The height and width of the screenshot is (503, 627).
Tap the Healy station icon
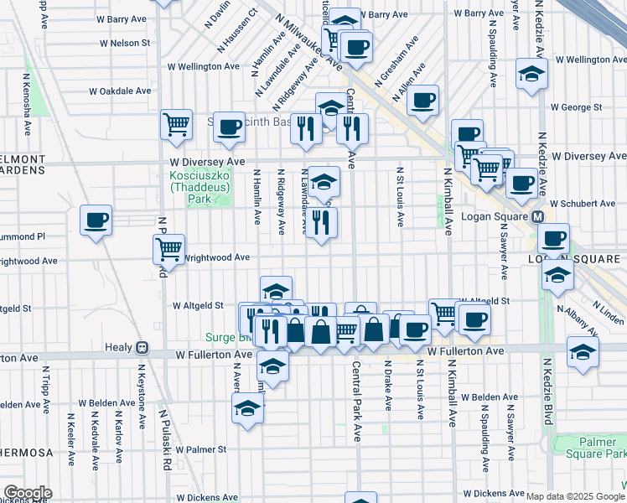coord(142,347)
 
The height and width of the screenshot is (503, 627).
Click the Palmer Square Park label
coord(602,448)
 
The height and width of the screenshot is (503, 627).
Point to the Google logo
coord(27,493)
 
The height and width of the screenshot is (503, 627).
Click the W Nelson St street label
coord(124,43)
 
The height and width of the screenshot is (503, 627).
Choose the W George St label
coord(576,107)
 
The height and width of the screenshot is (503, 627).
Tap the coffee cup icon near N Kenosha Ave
coord(96,220)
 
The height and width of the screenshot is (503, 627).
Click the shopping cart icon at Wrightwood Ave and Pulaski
coord(168,249)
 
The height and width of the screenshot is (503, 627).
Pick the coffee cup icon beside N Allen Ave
coord(423,101)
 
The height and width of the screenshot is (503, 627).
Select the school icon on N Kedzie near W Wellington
coord(531,74)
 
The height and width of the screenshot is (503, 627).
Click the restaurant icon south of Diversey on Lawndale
coord(321,222)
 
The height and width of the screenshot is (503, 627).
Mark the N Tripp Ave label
coord(43,385)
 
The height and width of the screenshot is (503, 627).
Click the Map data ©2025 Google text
coord(575,496)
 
